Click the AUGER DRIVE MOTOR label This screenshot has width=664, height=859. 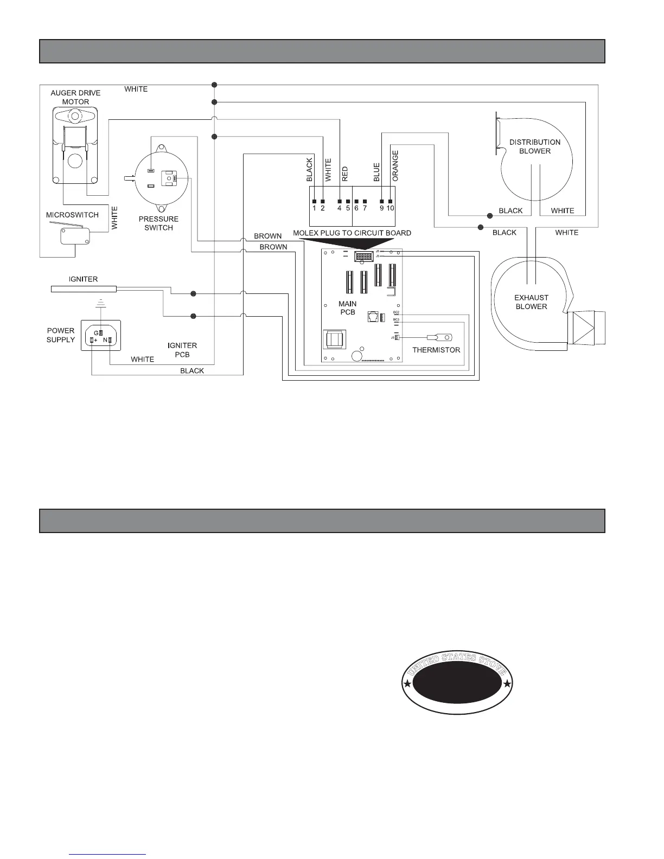click(x=75, y=97)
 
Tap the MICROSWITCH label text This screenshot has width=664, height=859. click(x=72, y=215)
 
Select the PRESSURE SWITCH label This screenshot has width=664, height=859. click(x=158, y=223)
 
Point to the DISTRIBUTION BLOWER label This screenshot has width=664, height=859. click(x=534, y=146)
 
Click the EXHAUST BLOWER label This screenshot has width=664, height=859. click(x=531, y=302)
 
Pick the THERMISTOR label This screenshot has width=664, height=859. click(x=436, y=350)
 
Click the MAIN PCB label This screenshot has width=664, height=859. click(x=347, y=307)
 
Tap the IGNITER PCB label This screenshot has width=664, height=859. click(x=182, y=350)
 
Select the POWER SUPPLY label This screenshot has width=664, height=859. click(x=61, y=335)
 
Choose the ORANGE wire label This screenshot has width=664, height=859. click(x=395, y=166)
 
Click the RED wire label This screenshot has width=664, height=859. click(x=345, y=174)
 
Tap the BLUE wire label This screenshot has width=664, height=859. click(x=376, y=172)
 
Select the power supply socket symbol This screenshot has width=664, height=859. click(x=101, y=335)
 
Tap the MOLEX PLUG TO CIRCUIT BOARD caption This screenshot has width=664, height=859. click(x=352, y=233)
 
